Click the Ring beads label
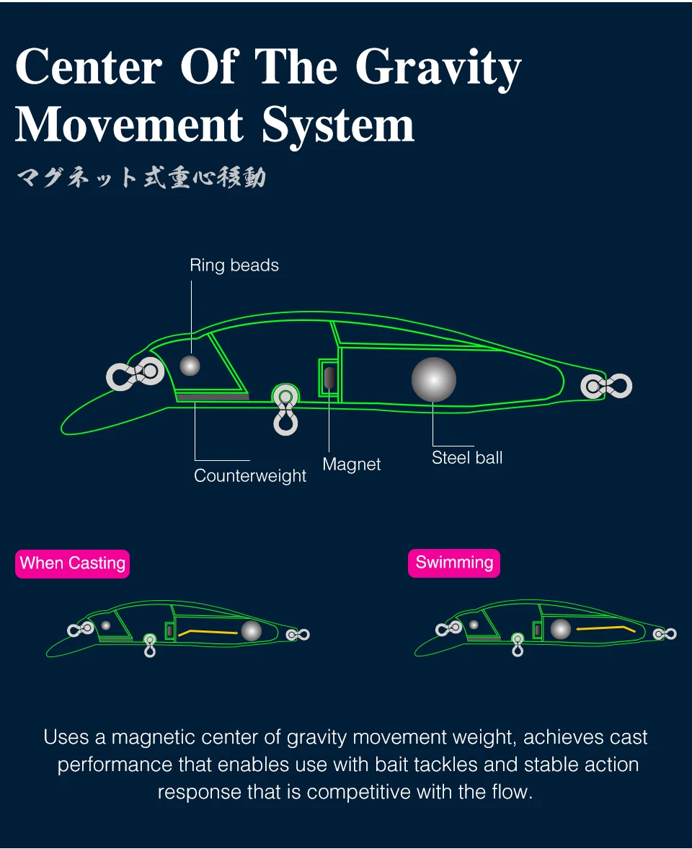pyautogui.click(x=234, y=265)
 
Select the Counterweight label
pyautogui.click(x=250, y=476)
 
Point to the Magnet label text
pyautogui.click(x=352, y=465)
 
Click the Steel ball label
pyautogui.click(x=467, y=457)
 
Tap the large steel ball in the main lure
pyautogui.click(x=434, y=379)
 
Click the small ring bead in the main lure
pyautogui.click(x=190, y=365)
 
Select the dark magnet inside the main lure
pyautogui.click(x=329, y=377)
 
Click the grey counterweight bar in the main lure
pyautogui.click(x=213, y=397)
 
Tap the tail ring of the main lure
pyautogui.click(x=606, y=386)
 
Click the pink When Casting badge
pyautogui.click(x=73, y=563)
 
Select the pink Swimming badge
pyautogui.click(x=454, y=563)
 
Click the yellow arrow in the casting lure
pyautogui.click(x=208, y=632)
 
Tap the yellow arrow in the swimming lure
pyautogui.click(x=605, y=629)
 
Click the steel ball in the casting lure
pyautogui.click(x=251, y=630)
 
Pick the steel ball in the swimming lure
pyautogui.click(x=560, y=629)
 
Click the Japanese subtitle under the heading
pyautogui.click(x=141, y=177)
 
